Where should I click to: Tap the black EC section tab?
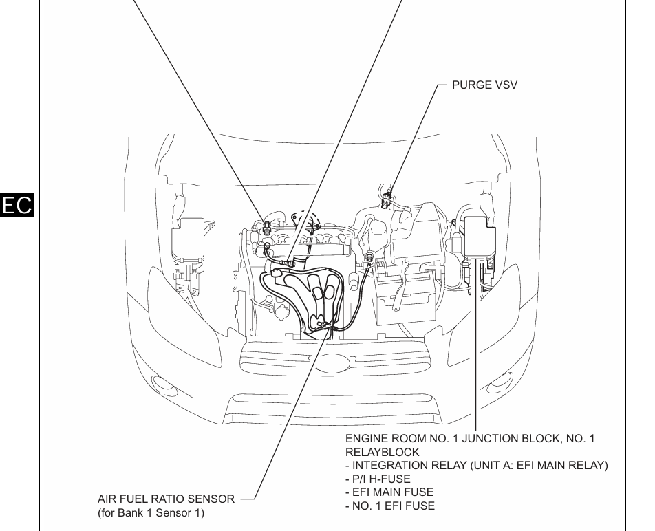(19, 205)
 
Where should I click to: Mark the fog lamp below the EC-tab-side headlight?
(162, 384)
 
